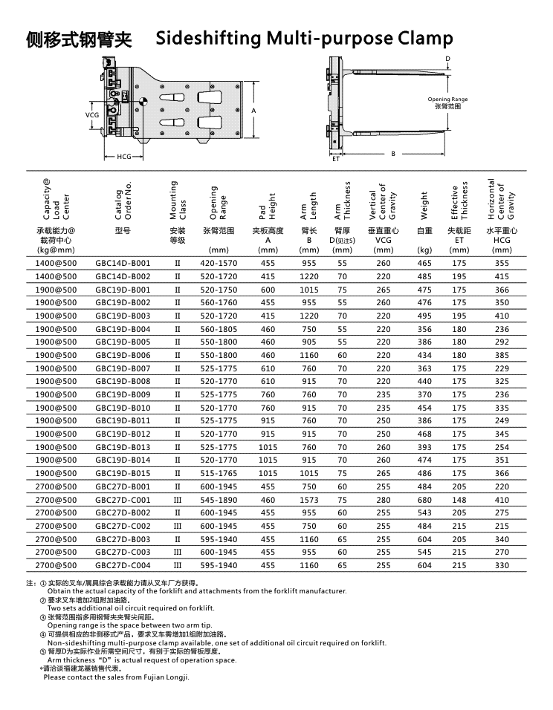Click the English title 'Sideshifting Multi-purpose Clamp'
tap(304, 39)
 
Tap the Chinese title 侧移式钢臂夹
tap(79, 39)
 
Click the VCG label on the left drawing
tap(91, 115)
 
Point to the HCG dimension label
tap(124, 157)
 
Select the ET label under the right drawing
tap(335, 159)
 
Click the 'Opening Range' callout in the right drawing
tap(447, 100)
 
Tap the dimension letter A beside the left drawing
tap(253, 111)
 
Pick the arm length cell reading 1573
tap(308, 500)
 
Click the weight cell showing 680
tap(424, 500)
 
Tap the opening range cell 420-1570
tap(219, 264)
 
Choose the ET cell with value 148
tap(459, 500)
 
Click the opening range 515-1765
tap(219, 473)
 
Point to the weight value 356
tap(424, 329)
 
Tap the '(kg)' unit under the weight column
tap(424, 250)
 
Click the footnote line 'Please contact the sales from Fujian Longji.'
tap(117, 677)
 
